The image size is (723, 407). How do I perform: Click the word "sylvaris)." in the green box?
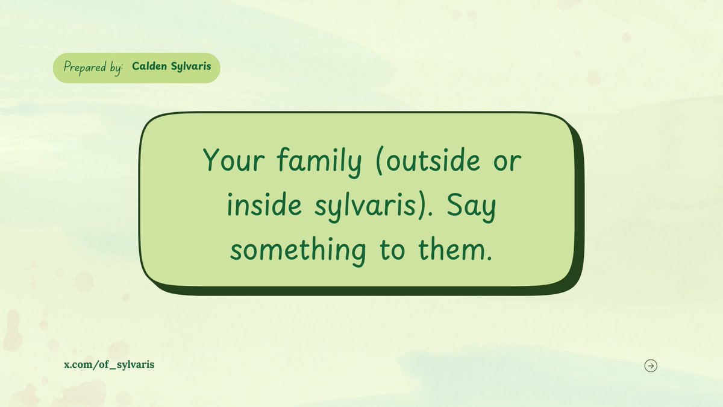click(x=373, y=207)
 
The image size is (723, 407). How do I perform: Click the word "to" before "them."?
click(x=392, y=250)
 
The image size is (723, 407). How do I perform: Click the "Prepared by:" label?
click(x=92, y=68)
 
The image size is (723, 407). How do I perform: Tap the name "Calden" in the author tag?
click(x=149, y=67)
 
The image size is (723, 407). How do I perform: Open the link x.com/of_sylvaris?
click(x=109, y=365)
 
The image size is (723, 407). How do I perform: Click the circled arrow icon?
click(x=651, y=365)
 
